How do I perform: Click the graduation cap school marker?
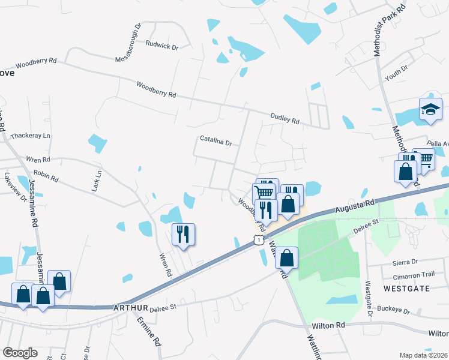click(x=430, y=110)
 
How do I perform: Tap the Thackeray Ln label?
click(x=30, y=136)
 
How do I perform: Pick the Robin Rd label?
click(x=46, y=175)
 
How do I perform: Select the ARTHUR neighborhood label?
click(x=130, y=308)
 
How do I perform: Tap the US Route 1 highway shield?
click(x=257, y=240)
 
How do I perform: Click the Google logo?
click(x=20, y=353)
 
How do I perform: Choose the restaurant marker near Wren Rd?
click(x=184, y=233)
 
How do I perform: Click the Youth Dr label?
click(x=396, y=74)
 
